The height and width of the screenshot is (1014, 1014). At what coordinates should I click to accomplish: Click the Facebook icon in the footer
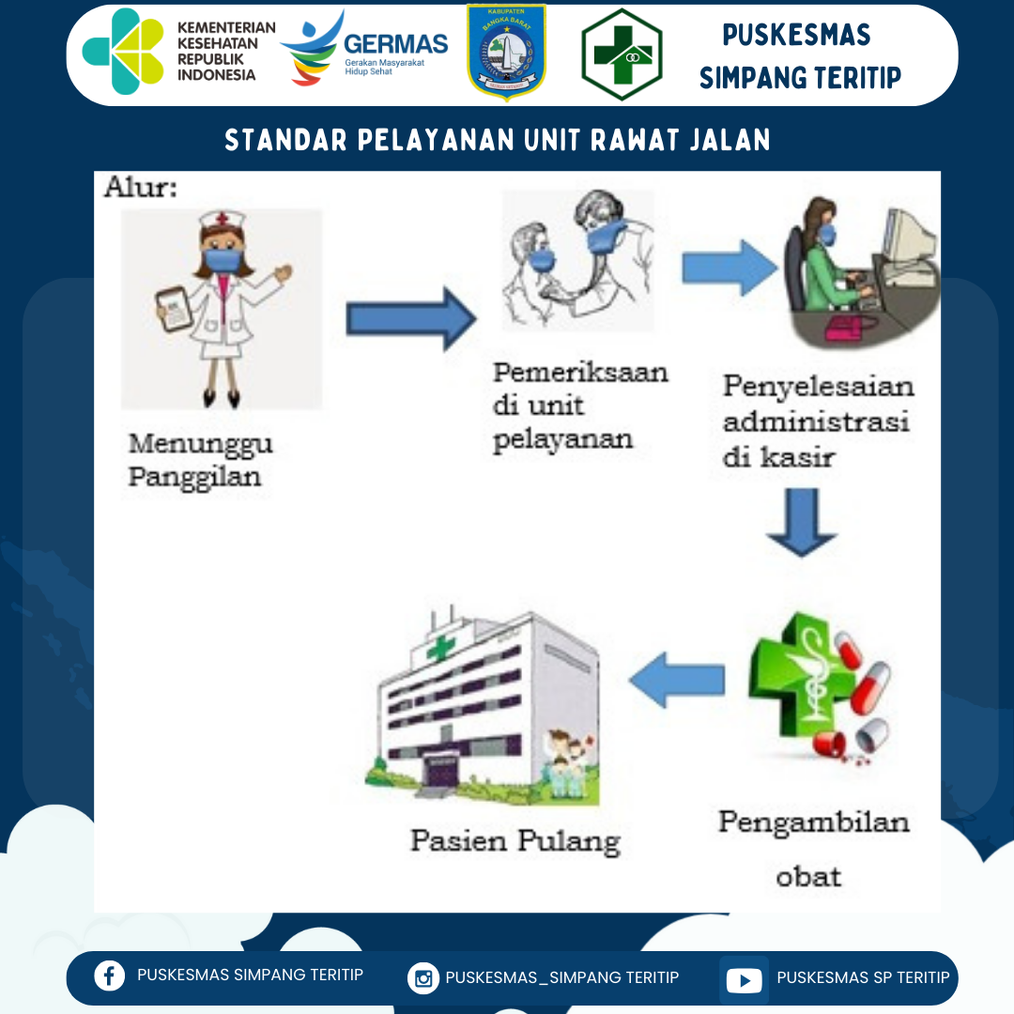[x=109, y=976]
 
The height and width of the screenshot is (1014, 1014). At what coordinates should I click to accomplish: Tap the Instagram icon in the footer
[x=423, y=978]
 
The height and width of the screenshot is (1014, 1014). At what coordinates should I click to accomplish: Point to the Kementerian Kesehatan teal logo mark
[x=123, y=52]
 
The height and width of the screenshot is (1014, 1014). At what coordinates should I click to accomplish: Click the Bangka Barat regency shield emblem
[x=506, y=53]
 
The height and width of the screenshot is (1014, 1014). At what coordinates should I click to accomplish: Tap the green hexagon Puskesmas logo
[x=622, y=54]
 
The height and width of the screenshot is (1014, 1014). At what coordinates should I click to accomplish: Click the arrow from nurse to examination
[x=411, y=319]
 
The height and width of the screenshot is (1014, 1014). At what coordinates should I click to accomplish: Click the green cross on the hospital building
[x=438, y=648]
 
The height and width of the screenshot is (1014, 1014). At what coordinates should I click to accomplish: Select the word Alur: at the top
[x=141, y=187]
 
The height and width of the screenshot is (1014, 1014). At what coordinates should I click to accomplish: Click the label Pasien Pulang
[x=515, y=839]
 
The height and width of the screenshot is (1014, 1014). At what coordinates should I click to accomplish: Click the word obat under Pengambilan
[x=807, y=876]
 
